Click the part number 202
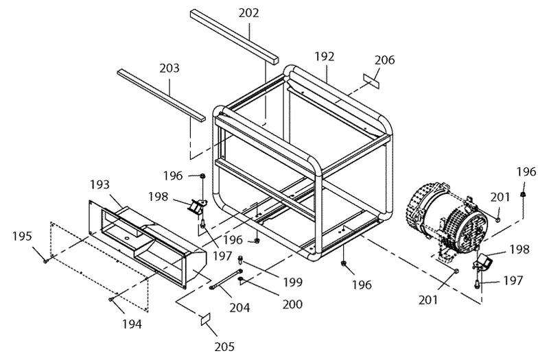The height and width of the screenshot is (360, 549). tap(249, 13)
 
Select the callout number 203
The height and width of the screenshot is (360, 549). tap(170, 68)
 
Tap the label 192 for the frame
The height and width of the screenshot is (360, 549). tap(324, 56)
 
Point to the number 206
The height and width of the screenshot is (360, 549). tap(384, 60)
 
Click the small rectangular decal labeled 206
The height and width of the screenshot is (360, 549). tap(371, 81)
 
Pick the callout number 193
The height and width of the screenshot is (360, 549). tap(100, 184)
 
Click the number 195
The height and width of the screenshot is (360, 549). tap(22, 236)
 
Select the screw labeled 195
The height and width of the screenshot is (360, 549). tap(46, 261)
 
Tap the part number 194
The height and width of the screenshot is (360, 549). tap(132, 324)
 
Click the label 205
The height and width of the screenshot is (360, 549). tap(224, 346)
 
